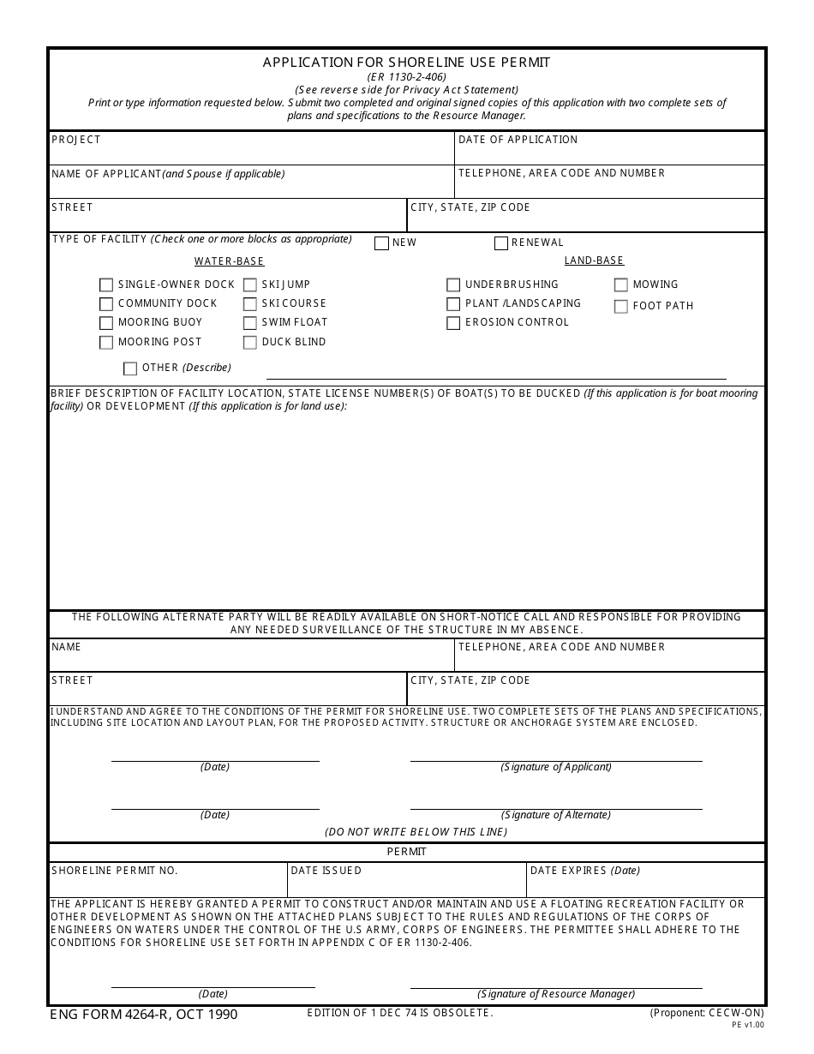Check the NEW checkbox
click(381, 243)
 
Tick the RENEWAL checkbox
click(501, 243)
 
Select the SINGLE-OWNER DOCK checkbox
click(106, 285)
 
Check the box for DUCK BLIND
click(250, 343)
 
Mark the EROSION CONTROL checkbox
click(453, 323)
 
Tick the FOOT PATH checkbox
click(621, 307)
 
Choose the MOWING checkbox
click(621, 285)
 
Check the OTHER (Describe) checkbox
click(130, 368)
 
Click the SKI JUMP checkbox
click(250, 285)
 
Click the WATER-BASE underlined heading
click(229, 261)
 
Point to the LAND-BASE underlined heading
click(594, 261)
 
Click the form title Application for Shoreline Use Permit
click(406, 63)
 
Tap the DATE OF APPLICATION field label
click(518, 140)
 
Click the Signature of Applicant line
click(556, 759)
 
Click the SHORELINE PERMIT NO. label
click(115, 871)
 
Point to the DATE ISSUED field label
click(326, 871)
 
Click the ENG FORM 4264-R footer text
click(144, 1015)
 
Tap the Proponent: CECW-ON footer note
click(707, 1013)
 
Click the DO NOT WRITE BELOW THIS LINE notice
click(416, 832)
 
